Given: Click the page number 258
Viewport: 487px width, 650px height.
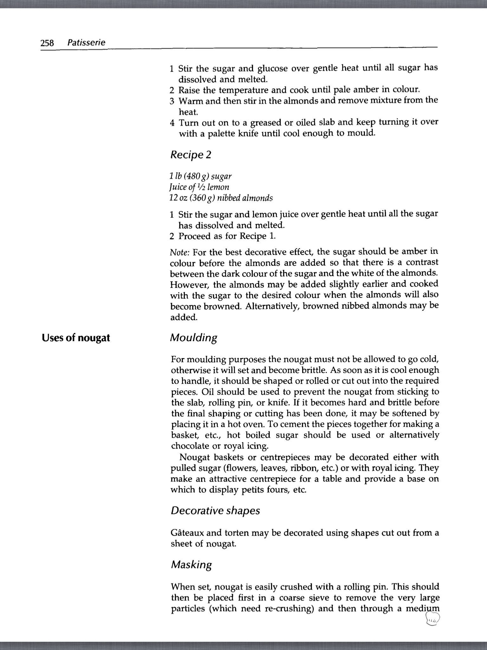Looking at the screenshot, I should point(48,43).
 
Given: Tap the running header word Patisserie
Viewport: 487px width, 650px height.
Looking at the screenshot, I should point(86,43).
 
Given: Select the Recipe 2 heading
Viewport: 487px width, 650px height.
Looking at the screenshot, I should point(191,155).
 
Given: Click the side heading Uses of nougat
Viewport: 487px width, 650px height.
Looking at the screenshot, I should point(76,338).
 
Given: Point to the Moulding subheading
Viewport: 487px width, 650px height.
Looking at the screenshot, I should point(194,338).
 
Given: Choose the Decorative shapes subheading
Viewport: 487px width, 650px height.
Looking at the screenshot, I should point(215,511).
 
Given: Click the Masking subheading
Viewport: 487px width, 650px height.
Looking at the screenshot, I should point(191,565).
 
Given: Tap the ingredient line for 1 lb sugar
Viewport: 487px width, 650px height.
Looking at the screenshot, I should point(201,176).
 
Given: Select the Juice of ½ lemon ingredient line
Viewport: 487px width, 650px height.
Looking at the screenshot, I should point(199,187).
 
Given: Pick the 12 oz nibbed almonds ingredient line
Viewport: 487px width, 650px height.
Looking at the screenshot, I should point(221,198).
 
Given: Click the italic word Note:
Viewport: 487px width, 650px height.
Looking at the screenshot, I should point(180,253).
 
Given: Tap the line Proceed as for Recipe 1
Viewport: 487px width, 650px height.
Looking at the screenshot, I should point(227,236).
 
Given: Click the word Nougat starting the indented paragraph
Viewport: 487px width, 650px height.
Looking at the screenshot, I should point(195,457).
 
